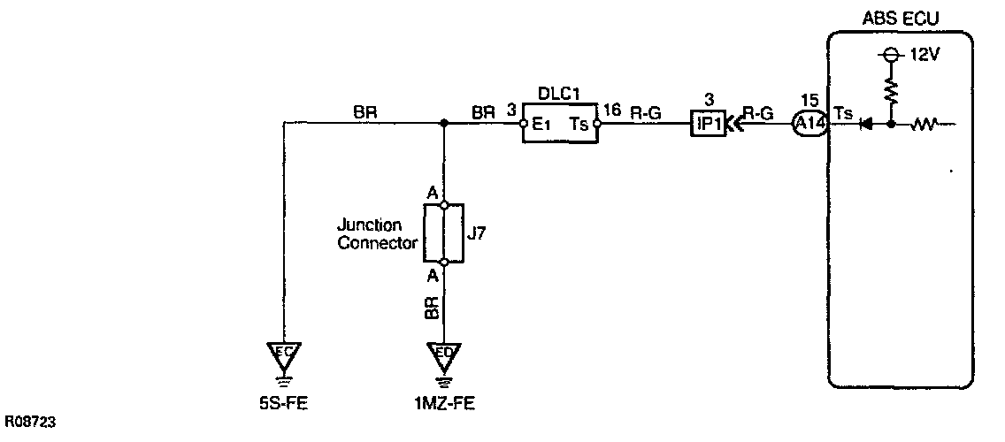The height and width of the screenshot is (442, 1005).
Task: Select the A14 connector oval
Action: [809, 125]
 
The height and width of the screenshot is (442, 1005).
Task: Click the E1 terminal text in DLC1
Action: [541, 125]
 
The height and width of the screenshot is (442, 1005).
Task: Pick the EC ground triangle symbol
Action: [285, 354]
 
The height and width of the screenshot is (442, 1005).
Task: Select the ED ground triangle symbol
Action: [444, 354]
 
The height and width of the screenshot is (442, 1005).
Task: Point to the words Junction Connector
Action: [376, 233]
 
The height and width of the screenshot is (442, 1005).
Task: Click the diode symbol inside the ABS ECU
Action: [867, 125]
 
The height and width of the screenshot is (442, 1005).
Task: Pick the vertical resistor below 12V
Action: [891, 89]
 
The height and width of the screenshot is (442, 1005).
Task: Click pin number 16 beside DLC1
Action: [611, 110]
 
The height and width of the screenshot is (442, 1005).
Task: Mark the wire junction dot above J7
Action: [444, 125]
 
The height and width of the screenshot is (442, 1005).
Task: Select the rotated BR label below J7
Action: [430, 307]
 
